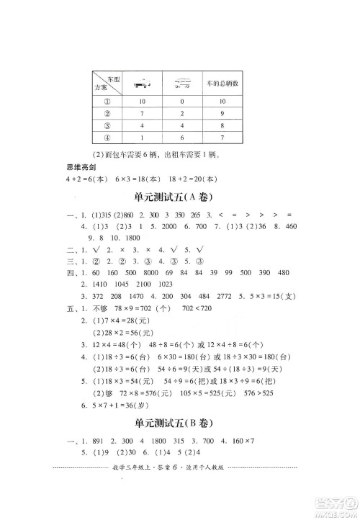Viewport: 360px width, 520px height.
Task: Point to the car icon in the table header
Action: click(x=143, y=85)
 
